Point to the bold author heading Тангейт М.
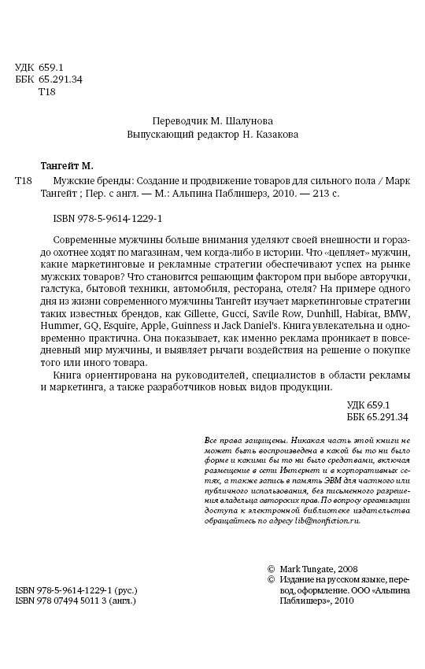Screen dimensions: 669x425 [x=66, y=165]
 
